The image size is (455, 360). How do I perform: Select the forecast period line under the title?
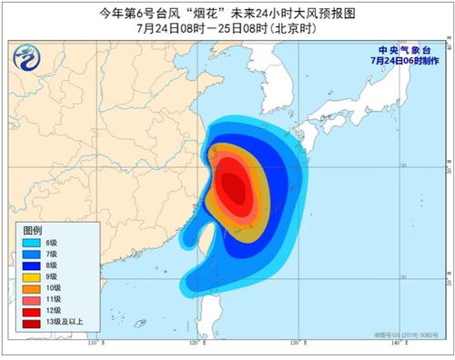coord(227,28)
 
